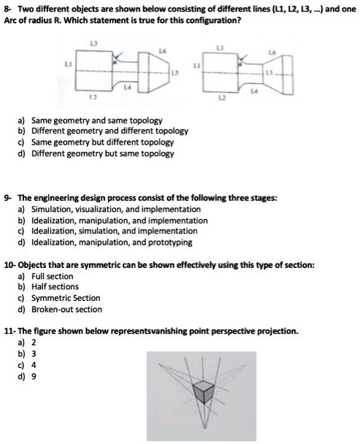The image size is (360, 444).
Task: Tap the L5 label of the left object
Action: (x=174, y=75)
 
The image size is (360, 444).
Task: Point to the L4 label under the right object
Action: (x=253, y=90)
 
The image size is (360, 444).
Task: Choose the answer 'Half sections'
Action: (x=55, y=287)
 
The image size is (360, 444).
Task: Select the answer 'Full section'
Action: (x=50, y=277)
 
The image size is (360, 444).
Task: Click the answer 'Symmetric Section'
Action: (x=64, y=298)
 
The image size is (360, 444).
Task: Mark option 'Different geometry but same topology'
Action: (x=100, y=153)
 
